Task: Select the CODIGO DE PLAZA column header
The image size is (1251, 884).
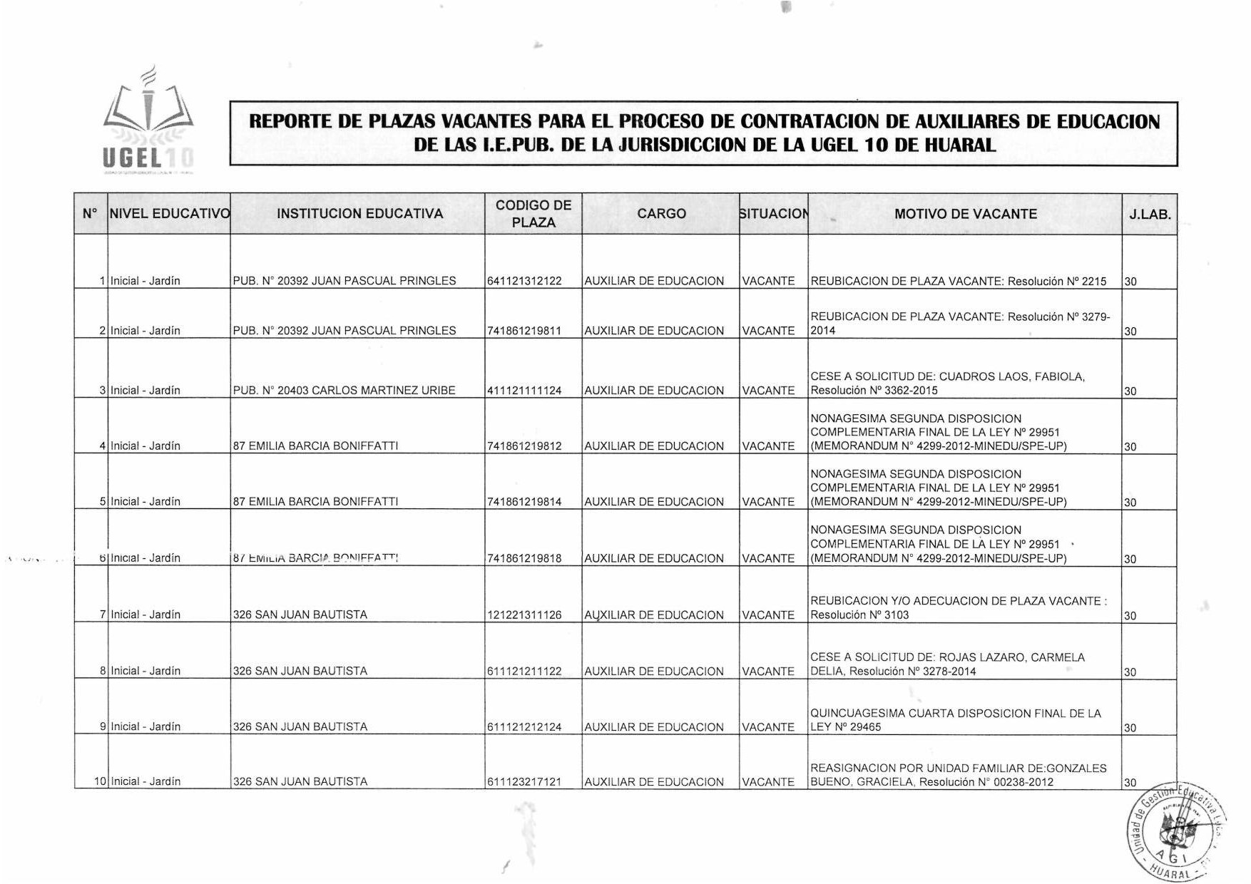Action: click(x=533, y=214)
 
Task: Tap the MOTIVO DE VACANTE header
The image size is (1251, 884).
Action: click(x=965, y=214)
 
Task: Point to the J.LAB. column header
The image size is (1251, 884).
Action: click(x=1150, y=214)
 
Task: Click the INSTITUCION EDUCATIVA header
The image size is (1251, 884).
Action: click(x=359, y=214)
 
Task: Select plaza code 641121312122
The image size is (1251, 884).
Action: click(x=524, y=281)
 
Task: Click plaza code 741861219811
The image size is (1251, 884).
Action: click(x=524, y=331)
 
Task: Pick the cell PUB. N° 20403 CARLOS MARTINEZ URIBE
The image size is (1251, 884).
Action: click(x=344, y=391)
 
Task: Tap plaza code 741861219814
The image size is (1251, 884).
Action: click(x=524, y=502)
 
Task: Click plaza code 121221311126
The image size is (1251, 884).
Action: click(x=524, y=615)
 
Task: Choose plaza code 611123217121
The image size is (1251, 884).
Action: click(x=524, y=782)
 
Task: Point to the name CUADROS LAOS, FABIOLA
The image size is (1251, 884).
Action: click(x=1012, y=376)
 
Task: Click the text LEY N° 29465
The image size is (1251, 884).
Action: click(x=846, y=727)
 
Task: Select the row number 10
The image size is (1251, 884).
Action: click(x=101, y=781)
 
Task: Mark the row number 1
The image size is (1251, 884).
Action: click(x=103, y=281)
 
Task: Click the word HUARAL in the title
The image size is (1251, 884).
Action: click(x=959, y=145)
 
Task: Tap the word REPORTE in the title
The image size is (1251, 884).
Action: click(x=290, y=121)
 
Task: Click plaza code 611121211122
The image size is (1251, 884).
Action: click(x=524, y=672)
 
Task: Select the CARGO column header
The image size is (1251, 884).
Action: click(x=661, y=214)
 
